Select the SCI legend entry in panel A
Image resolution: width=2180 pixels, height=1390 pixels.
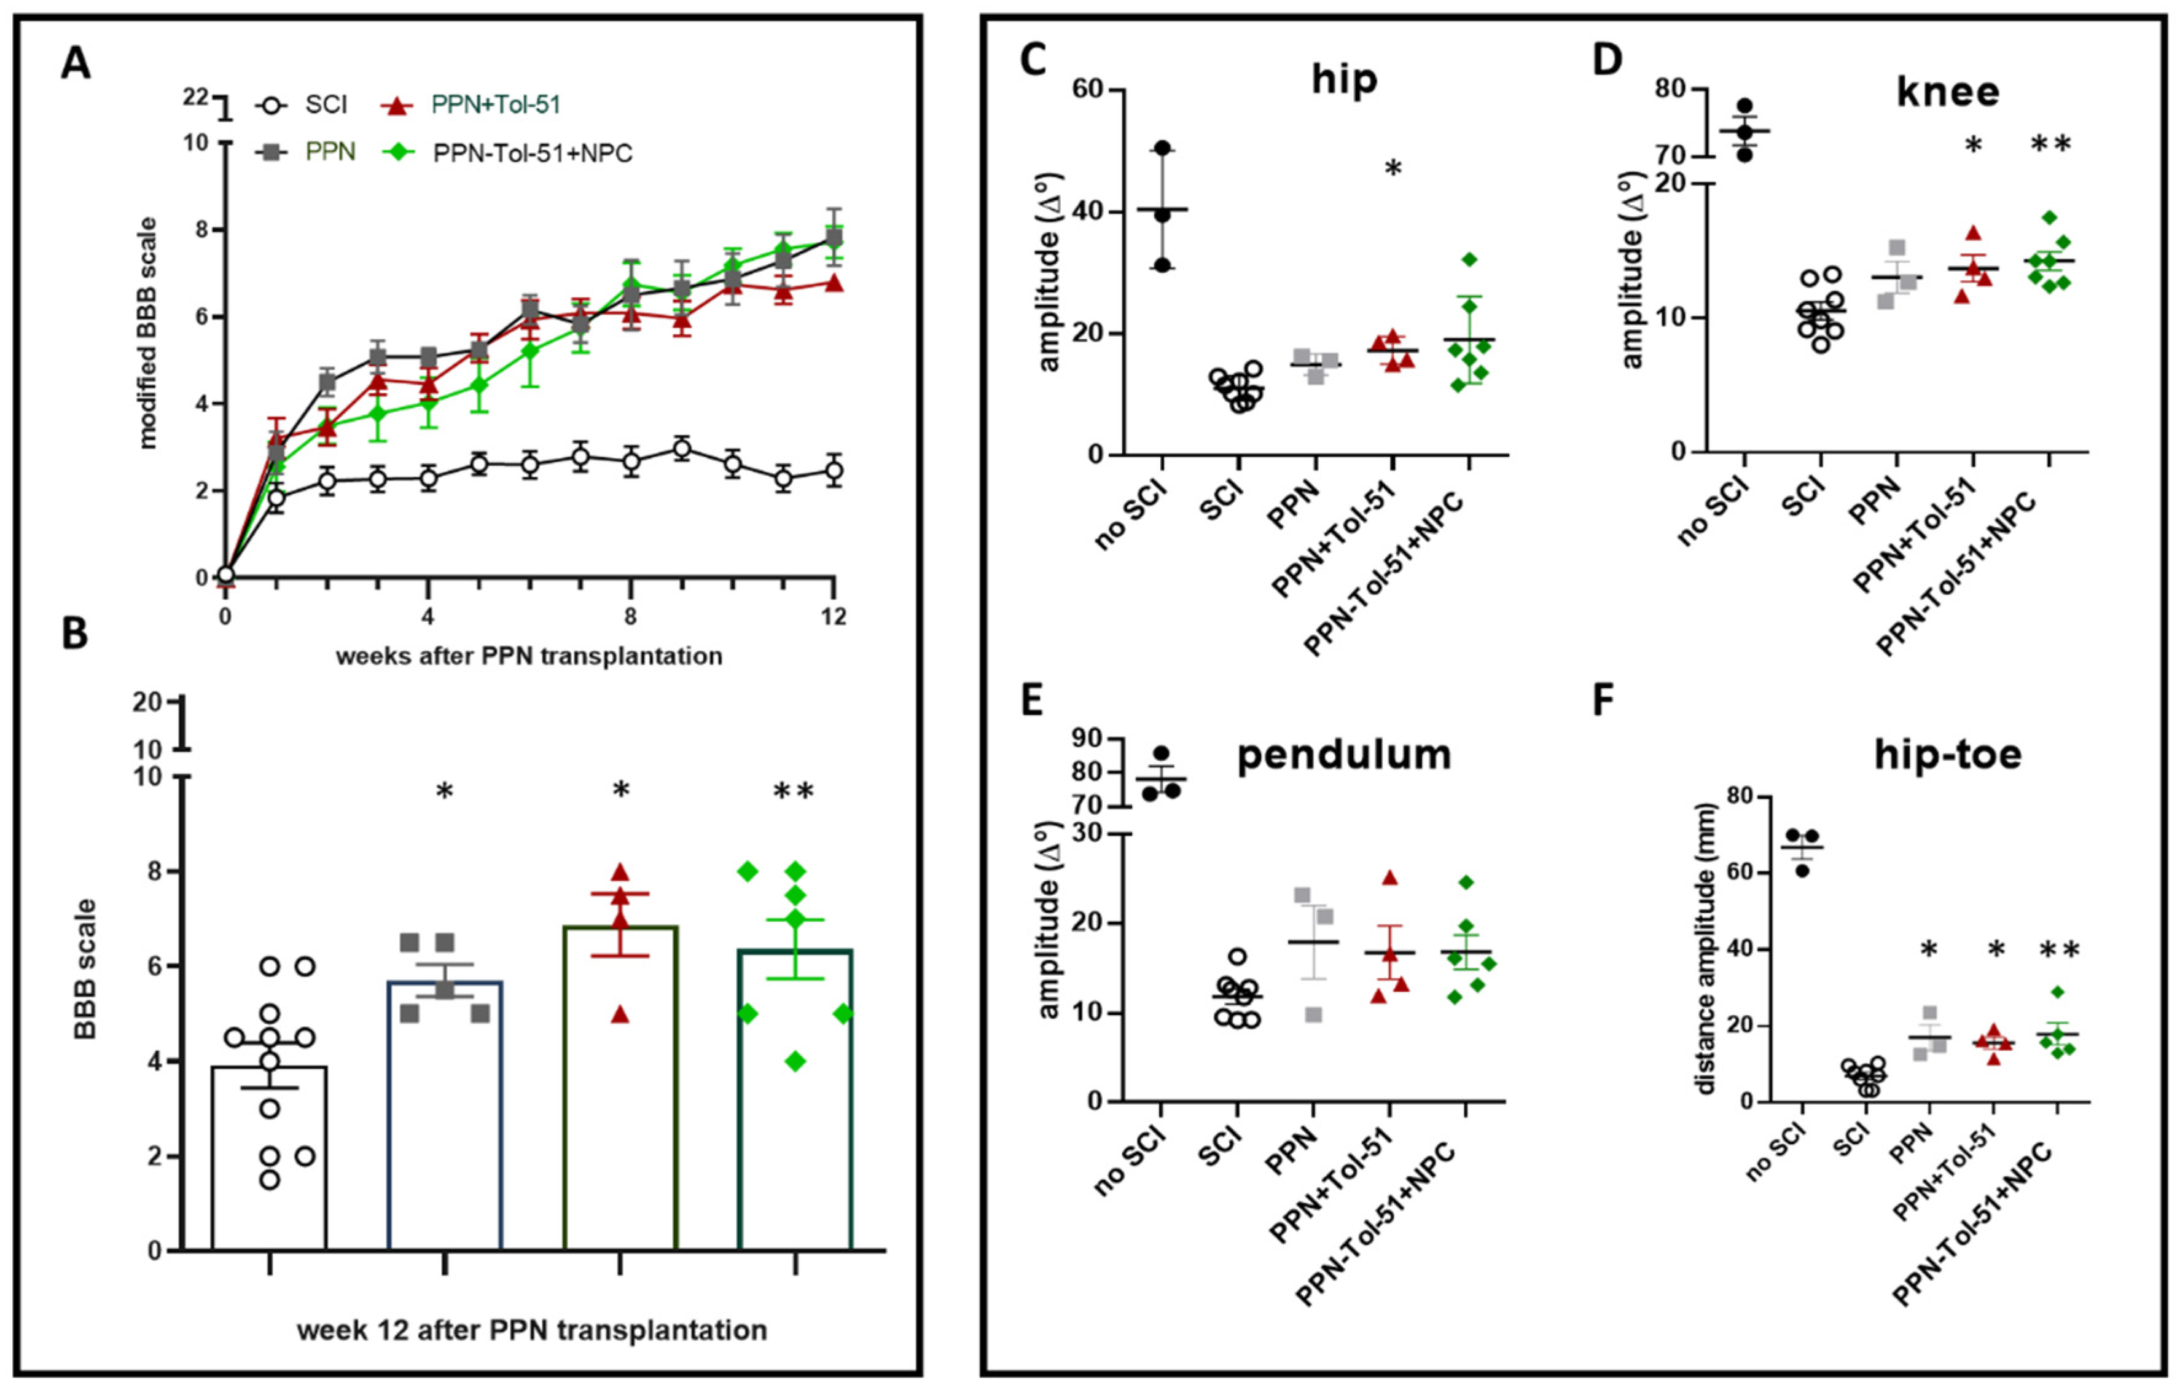(324, 105)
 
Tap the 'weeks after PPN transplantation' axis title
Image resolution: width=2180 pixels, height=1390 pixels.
(529, 656)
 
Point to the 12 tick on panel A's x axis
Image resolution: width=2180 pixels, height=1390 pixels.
(833, 617)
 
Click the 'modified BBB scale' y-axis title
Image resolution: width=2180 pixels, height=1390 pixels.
(147, 332)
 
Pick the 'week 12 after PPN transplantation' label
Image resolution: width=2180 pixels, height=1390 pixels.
(531, 1330)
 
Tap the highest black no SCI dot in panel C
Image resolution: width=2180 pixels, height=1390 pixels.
(1162, 147)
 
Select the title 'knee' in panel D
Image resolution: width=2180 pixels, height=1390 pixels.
(1947, 92)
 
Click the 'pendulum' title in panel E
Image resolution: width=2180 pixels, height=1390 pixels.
(1343, 755)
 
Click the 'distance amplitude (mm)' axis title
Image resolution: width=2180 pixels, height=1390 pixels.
(1706, 949)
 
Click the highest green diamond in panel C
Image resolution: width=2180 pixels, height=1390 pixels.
(1469, 260)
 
